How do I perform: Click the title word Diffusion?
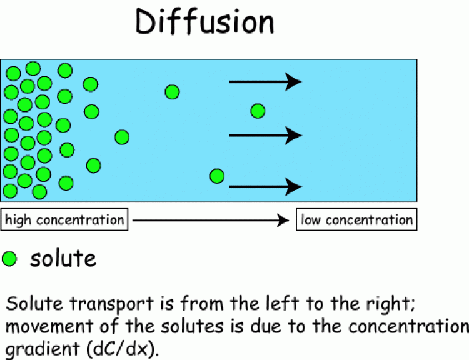204,22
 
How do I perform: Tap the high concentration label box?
64,220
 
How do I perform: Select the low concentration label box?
356,220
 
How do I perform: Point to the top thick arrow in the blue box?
265,81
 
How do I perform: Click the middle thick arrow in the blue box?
265,135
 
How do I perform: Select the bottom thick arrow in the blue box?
265,186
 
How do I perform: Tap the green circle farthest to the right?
258,111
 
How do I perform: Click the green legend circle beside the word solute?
10,258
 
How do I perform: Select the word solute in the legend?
63,258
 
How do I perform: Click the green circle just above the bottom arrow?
217,176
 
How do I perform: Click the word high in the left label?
18,220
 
